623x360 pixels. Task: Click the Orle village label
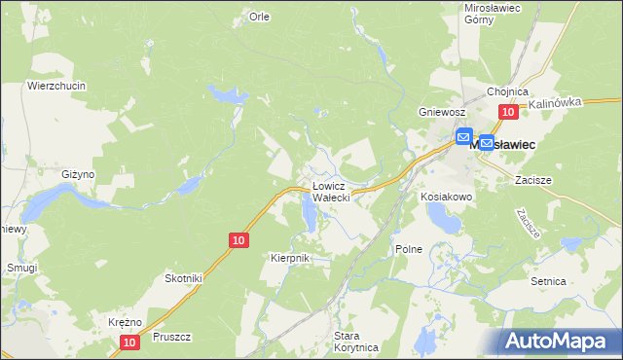point(259,17)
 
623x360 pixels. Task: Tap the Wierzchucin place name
point(56,86)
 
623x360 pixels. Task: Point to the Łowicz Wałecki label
point(338,191)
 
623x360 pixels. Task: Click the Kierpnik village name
point(289,257)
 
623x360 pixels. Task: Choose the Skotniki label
point(183,278)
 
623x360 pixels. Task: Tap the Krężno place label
point(126,322)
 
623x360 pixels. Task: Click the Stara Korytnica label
point(354,341)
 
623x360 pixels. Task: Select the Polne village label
point(409,249)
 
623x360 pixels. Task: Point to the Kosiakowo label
point(447,197)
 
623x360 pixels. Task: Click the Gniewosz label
point(437,112)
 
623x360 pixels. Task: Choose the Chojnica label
point(507,91)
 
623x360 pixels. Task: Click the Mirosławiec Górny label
point(493,13)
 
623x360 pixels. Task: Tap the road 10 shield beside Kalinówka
point(507,113)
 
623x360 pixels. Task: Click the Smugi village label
point(20,267)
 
